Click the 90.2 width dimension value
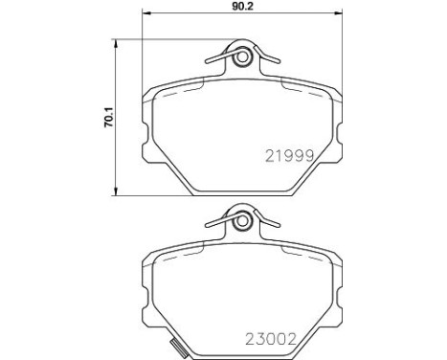pos(242,7)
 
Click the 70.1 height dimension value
pos(108,118)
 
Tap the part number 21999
pos(290,156)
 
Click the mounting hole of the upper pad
pos(242,57)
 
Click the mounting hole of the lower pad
pos(242,221)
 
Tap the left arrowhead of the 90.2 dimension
pos(145,13)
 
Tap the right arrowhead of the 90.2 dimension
pos(338,13)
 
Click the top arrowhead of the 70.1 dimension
pos(116,44)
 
